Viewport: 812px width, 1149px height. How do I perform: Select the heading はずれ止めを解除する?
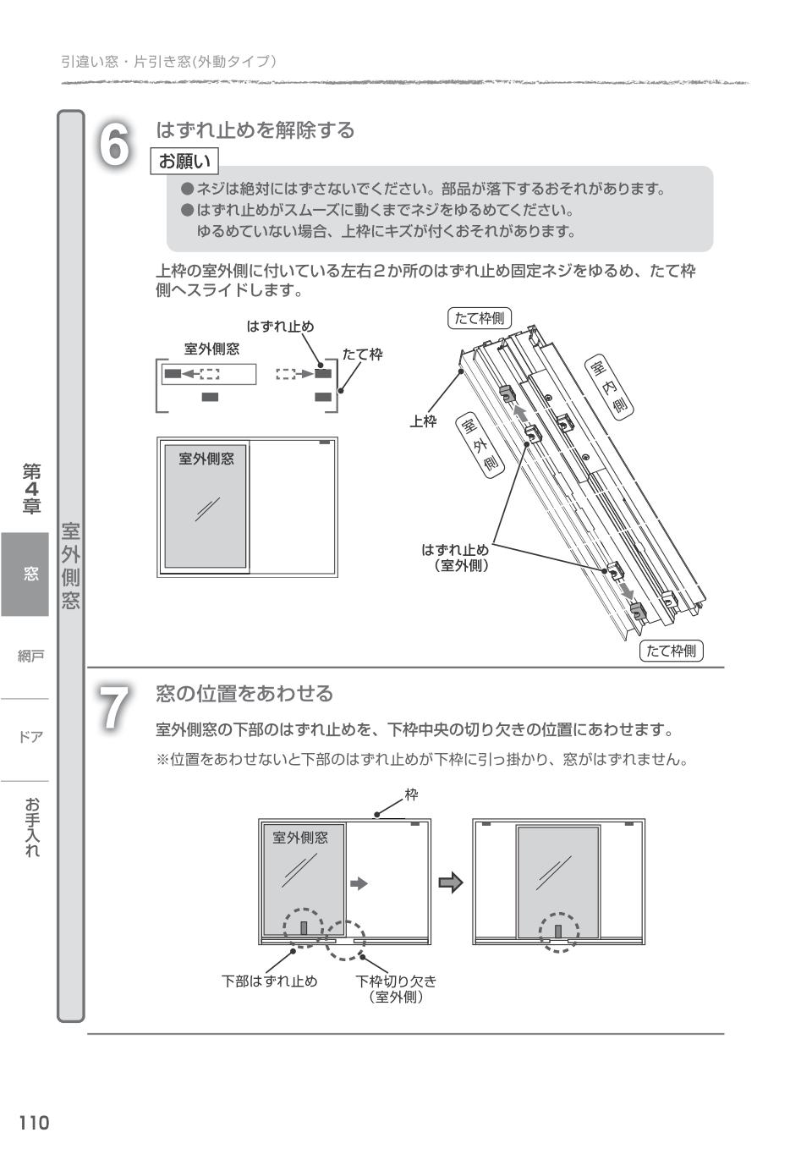point(255,130)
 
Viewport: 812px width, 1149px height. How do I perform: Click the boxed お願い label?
point(184,161)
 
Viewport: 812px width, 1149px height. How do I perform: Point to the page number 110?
point(34,1123)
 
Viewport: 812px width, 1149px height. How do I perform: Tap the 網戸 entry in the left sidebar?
point(30,656)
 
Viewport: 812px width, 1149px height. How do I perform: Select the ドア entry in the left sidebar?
point(30,737)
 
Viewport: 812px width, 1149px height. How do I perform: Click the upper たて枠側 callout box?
point(479,318)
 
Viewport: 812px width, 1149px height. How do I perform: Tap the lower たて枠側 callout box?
point(671,651)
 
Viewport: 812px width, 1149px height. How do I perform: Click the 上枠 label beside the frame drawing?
point(423,421)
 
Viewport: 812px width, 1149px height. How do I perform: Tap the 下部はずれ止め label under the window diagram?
point(269,981)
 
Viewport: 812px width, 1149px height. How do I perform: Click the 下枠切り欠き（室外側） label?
point(396,989)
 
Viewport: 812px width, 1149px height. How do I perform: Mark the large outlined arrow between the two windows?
point(451,883)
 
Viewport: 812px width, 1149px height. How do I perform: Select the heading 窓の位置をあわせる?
point(244,694)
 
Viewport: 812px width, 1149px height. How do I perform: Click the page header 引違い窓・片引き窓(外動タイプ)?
point(168,62)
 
